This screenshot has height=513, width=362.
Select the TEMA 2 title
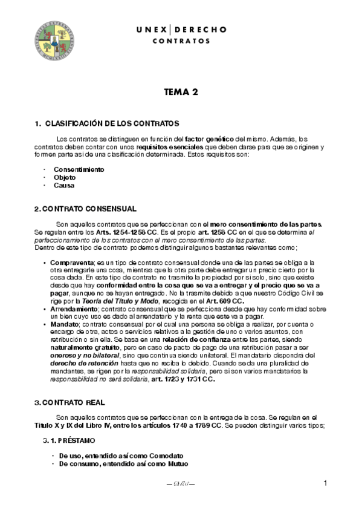181,93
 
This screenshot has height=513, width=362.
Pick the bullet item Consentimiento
79,169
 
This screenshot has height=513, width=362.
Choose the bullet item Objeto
65,177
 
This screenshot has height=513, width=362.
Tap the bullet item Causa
64,185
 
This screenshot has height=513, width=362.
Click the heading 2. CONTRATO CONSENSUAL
85,209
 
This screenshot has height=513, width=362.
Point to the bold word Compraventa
68,262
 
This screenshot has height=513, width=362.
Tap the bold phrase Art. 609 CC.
224,301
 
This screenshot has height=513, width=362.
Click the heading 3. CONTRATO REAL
69,402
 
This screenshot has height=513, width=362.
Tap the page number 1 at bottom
325,483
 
